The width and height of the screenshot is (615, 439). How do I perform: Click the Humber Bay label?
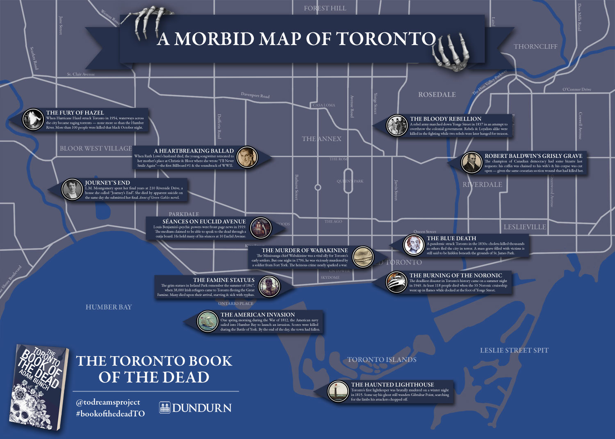coord(109,307)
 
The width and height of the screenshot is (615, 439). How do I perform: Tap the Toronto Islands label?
coord(382,359)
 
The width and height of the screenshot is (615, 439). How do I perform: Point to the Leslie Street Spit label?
coord(514,350)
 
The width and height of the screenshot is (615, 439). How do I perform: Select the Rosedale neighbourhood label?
coord(437,95)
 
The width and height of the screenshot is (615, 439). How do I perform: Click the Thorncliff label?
coord(535,47)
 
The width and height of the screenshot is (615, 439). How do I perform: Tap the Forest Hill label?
coord(325,8)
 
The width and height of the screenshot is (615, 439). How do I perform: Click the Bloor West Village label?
coord(96,148)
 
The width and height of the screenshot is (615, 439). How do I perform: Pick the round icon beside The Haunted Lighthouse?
coord(338,391)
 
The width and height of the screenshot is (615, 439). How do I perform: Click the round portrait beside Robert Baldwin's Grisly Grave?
coord(471,163)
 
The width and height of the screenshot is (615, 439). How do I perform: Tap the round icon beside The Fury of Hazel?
coord(32,119)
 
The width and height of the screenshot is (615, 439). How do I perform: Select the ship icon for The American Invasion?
coord(207,321)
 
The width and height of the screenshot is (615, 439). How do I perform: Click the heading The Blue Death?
coord(451,238)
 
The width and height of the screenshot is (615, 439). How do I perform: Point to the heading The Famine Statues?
coord(224,280)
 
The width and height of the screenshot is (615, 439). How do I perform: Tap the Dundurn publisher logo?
coord(195,407)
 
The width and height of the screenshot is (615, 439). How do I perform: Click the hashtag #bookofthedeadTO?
coord(110,414)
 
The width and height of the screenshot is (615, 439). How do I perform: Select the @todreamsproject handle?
coord(108,402)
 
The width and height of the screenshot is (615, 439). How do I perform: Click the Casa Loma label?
coord(324,105)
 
